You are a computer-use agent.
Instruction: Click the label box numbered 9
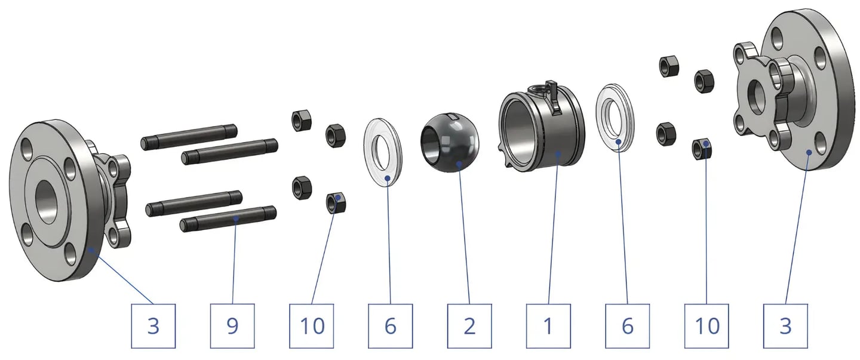pos(232,326)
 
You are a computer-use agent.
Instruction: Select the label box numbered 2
pos(469,326)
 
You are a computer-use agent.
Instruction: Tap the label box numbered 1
pos(548,326)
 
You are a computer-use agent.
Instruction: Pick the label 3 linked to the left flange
pos(153,326)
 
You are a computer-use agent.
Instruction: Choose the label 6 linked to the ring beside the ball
pos(391,326)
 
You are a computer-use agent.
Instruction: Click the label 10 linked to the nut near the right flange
pos(707,326)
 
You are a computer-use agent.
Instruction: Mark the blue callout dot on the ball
pos(459,164)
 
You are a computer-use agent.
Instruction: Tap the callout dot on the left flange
pos(91,250)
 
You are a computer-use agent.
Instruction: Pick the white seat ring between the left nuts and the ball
pos(383,153)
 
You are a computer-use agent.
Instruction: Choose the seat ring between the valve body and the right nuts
pos(615,116)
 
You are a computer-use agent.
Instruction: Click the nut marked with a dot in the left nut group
pos(336,204)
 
